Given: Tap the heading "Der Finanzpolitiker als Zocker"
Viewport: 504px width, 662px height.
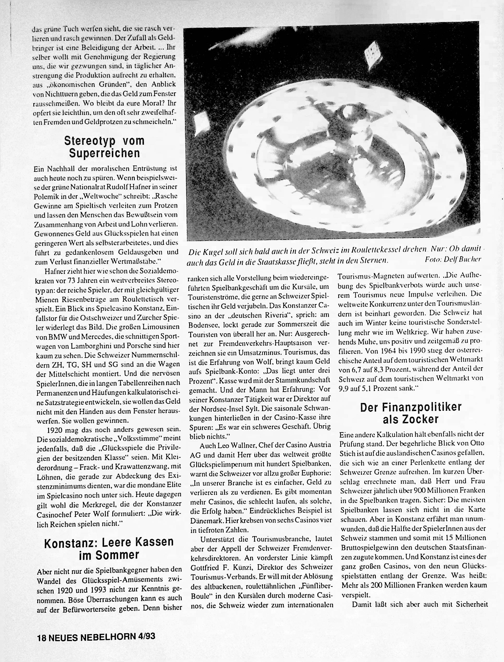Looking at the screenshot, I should coord(410,413).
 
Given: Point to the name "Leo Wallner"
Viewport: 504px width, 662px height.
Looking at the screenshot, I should coord(231,445).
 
